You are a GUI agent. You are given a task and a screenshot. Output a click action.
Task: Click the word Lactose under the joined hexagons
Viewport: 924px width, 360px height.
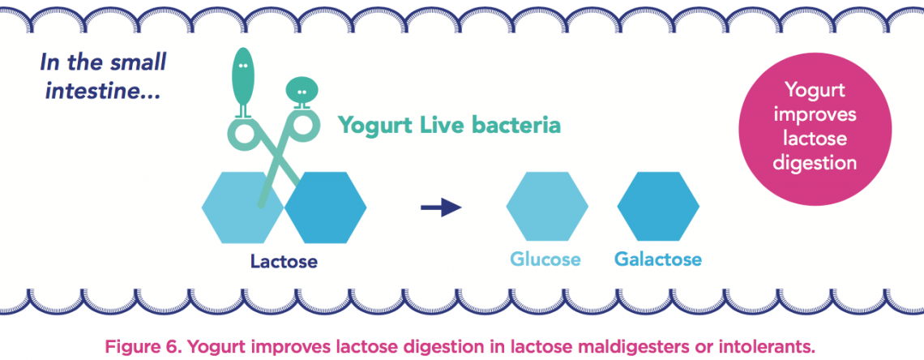(284, 262)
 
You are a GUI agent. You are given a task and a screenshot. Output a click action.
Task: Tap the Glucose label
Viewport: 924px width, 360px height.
(545, 260)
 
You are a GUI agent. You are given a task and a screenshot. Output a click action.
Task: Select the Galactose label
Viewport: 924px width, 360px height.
(657, 260)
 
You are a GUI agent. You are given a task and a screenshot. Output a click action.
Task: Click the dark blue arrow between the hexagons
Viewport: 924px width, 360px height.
(440, 208)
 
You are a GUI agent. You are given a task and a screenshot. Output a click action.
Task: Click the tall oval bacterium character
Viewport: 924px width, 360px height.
(243, 78)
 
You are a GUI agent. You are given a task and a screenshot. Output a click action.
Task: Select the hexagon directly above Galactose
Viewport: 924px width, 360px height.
(657, 208)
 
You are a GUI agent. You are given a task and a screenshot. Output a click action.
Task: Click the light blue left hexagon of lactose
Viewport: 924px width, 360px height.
(235, 208)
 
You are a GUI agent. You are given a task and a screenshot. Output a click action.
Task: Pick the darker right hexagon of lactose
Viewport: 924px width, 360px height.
(324, 208)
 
